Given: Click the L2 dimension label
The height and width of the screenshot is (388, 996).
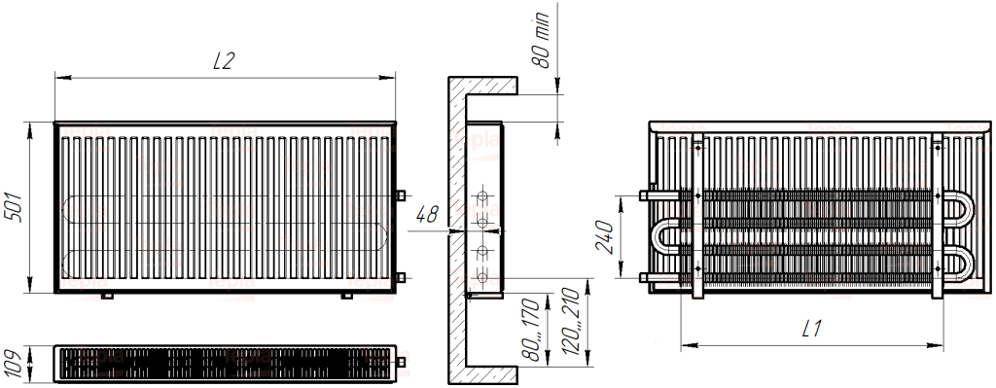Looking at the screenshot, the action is click(224, 61).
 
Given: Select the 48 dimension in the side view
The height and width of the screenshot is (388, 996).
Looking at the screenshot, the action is click(427, 215).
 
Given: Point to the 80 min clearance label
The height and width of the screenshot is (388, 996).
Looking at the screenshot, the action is click(540, 40).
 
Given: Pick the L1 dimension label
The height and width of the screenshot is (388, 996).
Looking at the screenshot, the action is click(811, 329).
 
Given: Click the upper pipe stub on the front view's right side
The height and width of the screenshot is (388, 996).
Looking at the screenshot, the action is click(401, 195).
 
